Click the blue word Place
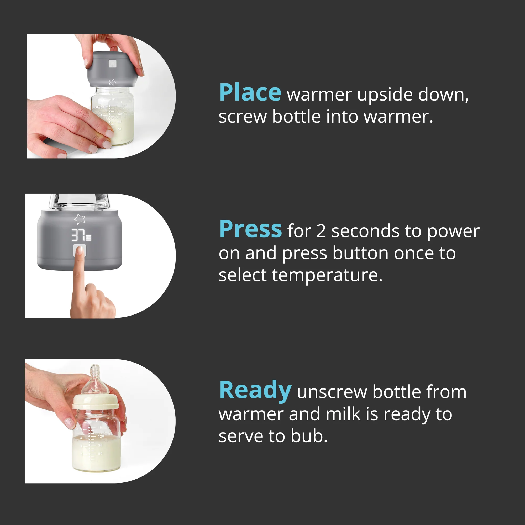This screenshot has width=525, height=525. [x=250, y=92]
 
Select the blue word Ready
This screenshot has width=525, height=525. [x=255, y=391]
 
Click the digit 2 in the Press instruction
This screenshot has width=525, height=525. [x=321, y=231]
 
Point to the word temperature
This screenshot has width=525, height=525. [x=327, y=275]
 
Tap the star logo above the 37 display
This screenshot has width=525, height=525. [x=80, y=219]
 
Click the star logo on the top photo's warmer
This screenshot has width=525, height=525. [x=113, y=82]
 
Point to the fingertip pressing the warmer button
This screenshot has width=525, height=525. [x=79, y=250]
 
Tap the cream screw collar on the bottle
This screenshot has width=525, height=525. [x=95, y=402]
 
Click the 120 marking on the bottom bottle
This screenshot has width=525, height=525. [x=101, y=436]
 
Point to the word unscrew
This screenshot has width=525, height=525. [x=332, y=392]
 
